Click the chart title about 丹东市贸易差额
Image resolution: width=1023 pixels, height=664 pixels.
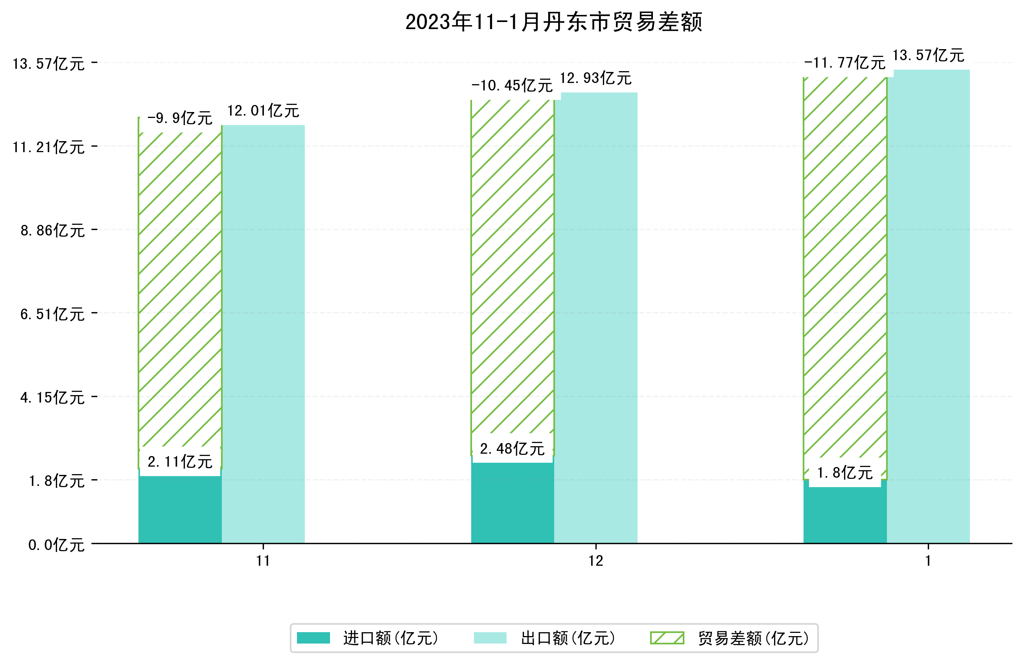click(x=554, y=22)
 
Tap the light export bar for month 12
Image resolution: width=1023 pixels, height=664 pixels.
click(x=595, y=318)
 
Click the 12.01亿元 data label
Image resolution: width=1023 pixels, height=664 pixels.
click(x=263, y=111)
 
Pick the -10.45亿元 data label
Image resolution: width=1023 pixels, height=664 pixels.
click(x=511, y=86)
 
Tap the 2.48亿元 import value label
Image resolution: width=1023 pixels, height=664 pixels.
click(x=512, y=449)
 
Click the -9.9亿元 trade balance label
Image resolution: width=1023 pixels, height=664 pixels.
click(x=180, y=118)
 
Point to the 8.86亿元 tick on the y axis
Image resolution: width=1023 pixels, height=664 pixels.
click(x=52, y=231)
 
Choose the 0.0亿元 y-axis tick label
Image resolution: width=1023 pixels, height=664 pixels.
click(x=56, y=545)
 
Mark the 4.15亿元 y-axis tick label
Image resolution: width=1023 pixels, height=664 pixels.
click(x=52, y=398)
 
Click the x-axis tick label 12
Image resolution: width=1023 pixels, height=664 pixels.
click(x=595, y=561)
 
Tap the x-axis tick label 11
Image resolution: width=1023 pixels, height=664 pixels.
click(x=263, y=561)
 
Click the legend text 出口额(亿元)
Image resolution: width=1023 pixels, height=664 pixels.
click(x=568, y=638)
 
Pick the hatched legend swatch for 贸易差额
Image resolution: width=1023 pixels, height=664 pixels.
click(x=667, y=638)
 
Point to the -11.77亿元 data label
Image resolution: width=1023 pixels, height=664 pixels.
click(x=844, y=63)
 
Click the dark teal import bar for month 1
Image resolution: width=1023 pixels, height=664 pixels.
click(x=844, y=516)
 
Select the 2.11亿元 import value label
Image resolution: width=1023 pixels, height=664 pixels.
click(x=180, y=462)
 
